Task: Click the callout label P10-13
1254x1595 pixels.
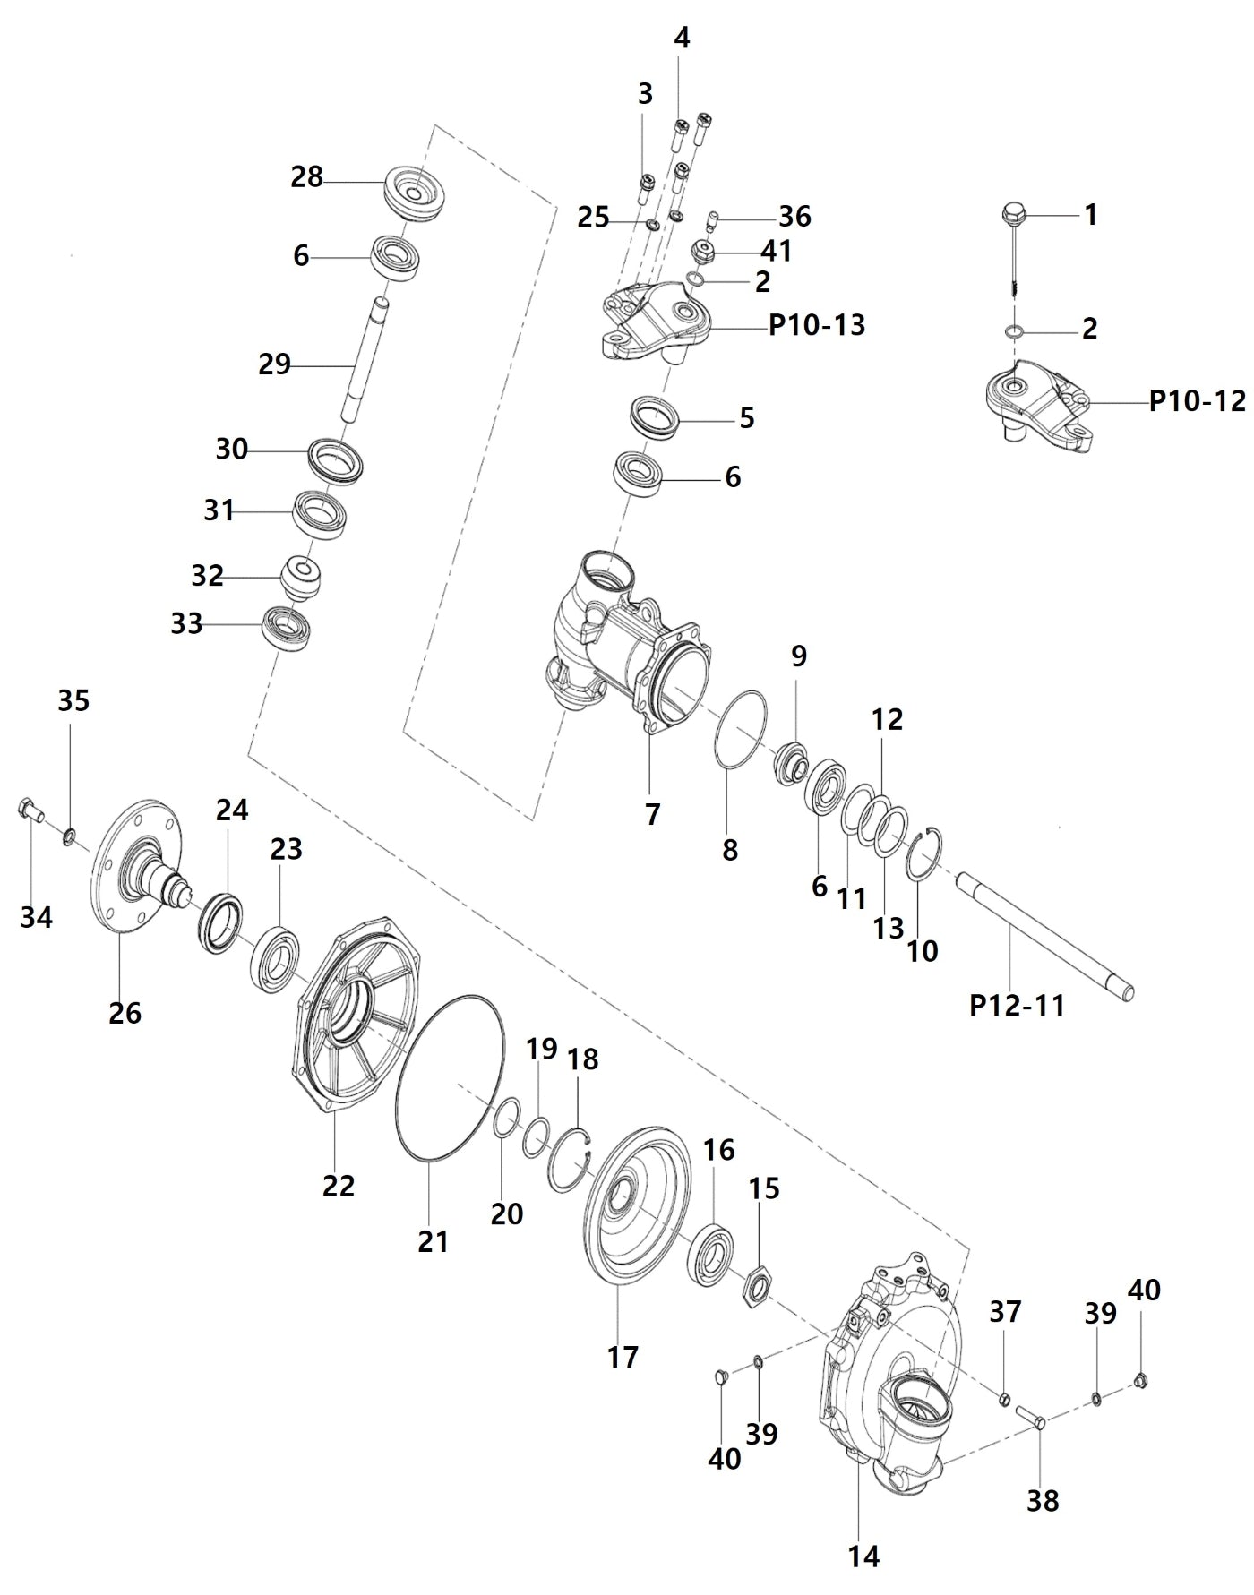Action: (x=817, y=324)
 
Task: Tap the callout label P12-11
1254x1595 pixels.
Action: (x=1017, y=1005)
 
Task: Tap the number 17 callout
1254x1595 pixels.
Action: (x=623, y=1357)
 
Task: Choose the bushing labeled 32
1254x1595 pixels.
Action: (x=303, y=579)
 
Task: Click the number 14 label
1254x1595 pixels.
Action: (x=863, y=1556)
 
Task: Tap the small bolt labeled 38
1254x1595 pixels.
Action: (x=1031, y=1418)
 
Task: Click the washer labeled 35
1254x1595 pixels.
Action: (x=68, y=837)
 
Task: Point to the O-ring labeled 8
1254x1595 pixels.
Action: (x=741, y=730)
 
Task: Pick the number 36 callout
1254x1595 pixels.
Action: (x=794, y=216)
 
